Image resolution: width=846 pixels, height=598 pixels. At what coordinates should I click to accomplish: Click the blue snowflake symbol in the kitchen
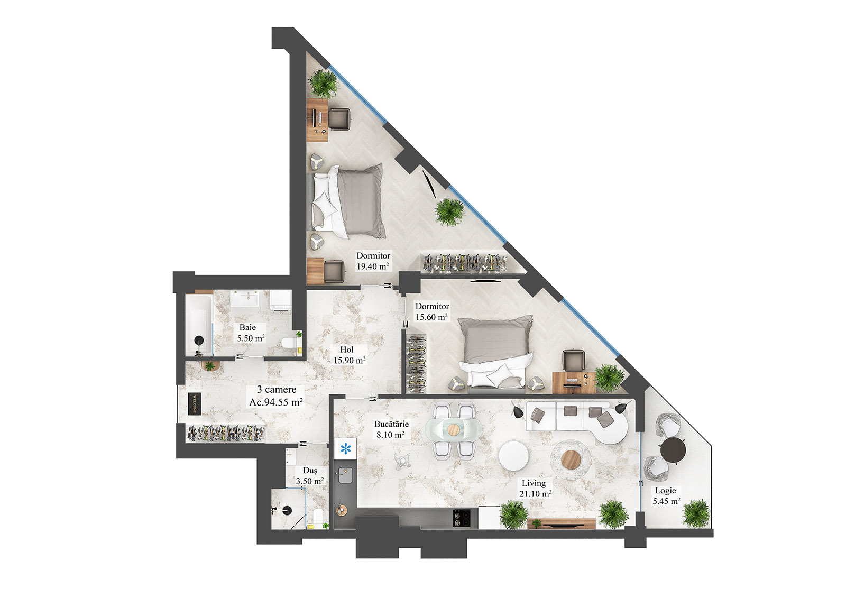point(345,449)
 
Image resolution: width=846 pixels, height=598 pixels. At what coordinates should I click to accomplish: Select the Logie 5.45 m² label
point(666,496)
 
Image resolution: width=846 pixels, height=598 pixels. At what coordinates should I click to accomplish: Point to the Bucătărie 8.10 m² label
point(391,429)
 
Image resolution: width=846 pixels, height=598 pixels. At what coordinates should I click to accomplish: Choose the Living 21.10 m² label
point(535,488)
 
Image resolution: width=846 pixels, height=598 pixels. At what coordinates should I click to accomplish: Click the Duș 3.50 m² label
point(310,476)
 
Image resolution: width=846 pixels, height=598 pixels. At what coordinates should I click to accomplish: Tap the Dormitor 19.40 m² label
point(373,261)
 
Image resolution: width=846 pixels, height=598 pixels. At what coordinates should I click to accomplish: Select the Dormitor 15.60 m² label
point(431,312)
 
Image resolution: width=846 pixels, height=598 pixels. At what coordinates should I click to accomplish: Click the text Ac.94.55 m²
point(275,402)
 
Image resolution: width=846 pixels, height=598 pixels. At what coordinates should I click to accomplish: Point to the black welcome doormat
point(194,404)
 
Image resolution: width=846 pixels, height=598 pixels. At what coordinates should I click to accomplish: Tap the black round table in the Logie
point(673,449)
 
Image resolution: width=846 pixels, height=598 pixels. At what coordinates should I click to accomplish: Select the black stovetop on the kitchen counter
point(462,518)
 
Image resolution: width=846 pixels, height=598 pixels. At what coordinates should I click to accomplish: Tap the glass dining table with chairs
point(453,429)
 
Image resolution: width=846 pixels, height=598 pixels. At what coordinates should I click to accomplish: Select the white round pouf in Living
point(512,455)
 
